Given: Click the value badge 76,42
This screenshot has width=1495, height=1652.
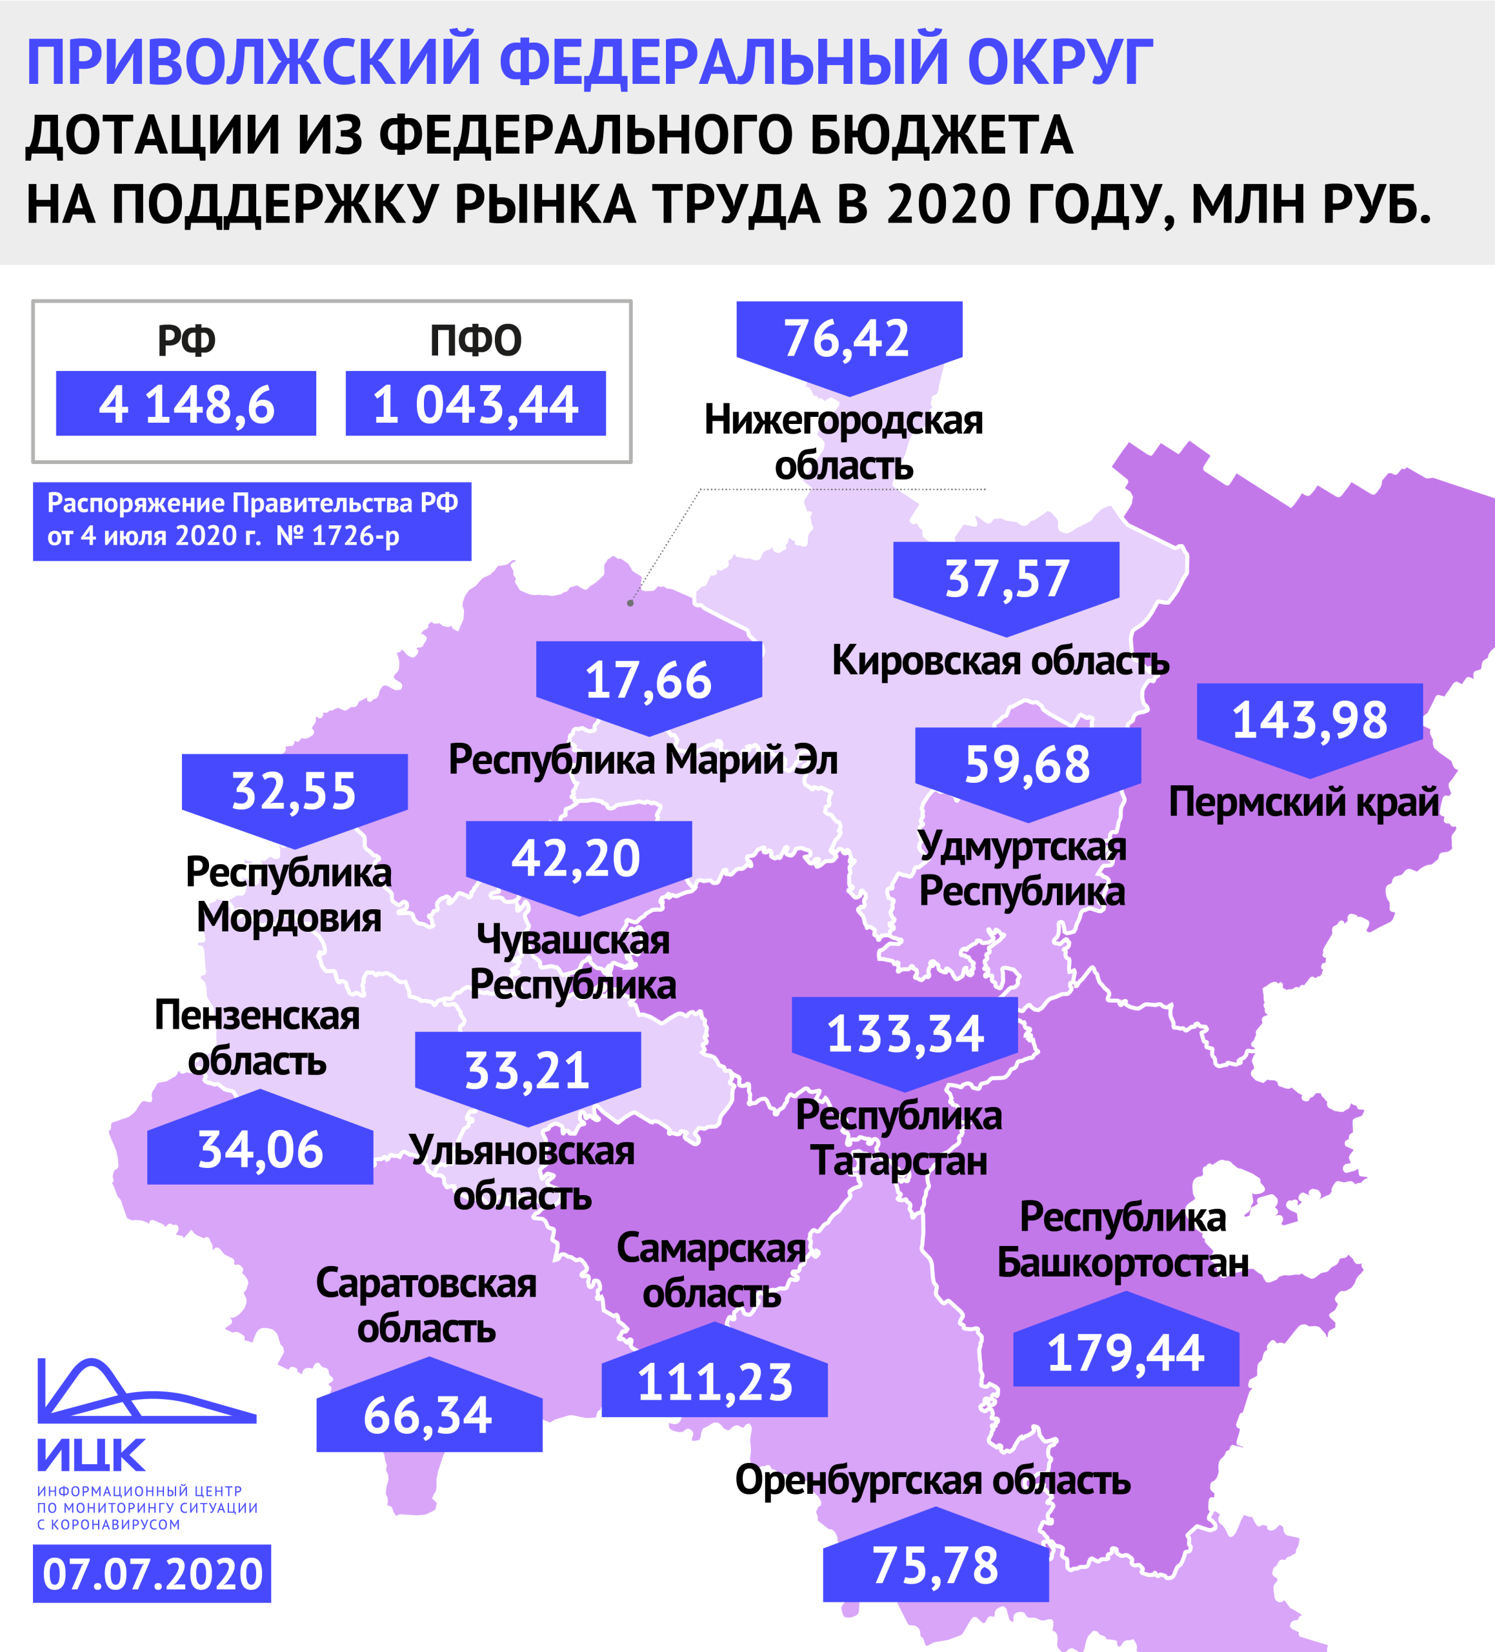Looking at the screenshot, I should (x=848, y=337).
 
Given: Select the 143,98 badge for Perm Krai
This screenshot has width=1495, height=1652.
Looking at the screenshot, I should (x=1309, y=720).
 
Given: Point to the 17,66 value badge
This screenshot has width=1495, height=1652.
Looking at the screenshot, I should (x=648, y=680).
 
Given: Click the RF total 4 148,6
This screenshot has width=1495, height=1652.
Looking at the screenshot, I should (x=186, y=404).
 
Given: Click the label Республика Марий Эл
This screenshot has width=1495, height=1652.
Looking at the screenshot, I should (x=643, y=760).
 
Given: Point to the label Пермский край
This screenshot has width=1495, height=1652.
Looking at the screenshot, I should (x=1303, y=801).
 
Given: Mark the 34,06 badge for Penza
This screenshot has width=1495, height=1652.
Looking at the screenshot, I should (x=261, y=1149).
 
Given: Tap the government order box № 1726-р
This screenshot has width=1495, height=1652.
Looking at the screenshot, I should (x=252, y=520).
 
